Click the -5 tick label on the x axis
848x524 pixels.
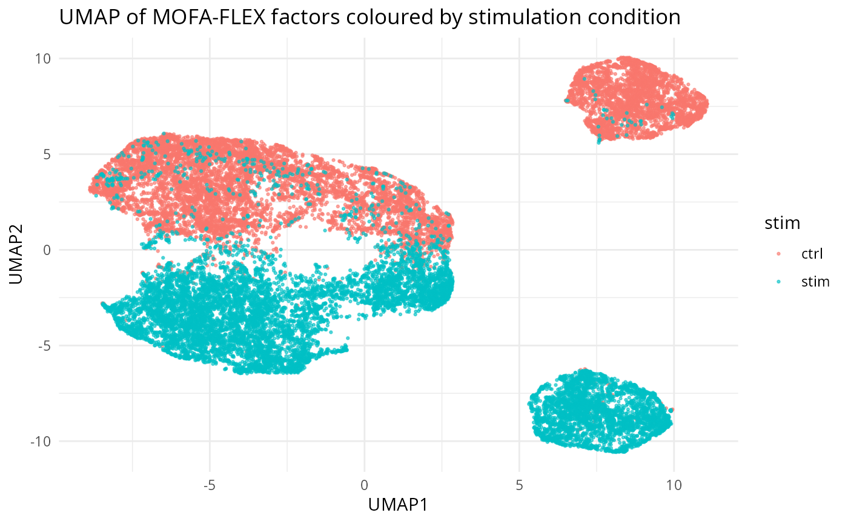(209, 485)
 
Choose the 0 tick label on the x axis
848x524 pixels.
(364, 485)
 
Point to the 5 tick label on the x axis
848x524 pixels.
(519, 485)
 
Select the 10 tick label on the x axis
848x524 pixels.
(674, 485)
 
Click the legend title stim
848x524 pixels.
(783, 224)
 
